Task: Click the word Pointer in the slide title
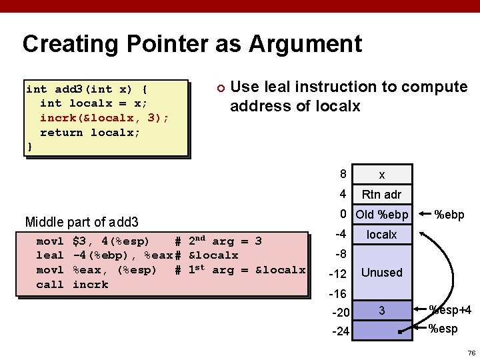pyautogui.click(x=159, y=44)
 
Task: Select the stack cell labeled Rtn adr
pyautogui.click(x=381, y=195)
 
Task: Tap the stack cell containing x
pyautogui.click(x=381, y=175)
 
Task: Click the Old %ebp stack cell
pyautogui.click(x=381, y=215)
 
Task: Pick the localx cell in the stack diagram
pyautogui.click(x=381, y=235)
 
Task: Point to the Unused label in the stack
pyautogui.click(x=381, y=273)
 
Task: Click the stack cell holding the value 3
pyautogui.click(x=381, y=311)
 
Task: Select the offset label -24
pyautogui.click(x=340, y=331)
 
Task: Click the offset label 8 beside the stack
pyautogui.click(x=343, y=175)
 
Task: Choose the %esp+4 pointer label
pyautogui.click(x=450, y=309)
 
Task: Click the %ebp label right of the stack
pyautogui.click(x=449, y=215)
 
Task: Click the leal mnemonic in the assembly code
pyautogui.click(x=49, y=255)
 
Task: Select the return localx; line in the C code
pyautogui.click(x=90, y=132)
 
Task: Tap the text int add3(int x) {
pyautogui.click(x=87, y=89)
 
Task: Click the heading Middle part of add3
pyautogui.click(x=81, y=221)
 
